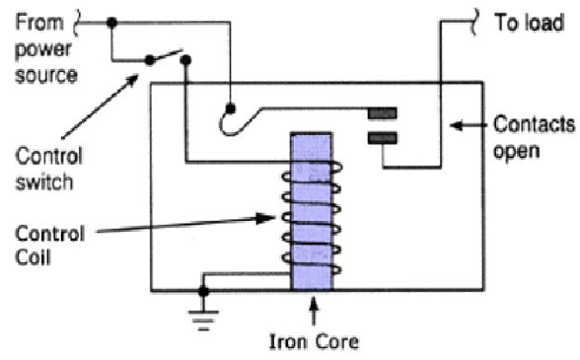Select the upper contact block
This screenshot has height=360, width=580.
point(383,114)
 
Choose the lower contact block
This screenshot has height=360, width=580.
point(383,138)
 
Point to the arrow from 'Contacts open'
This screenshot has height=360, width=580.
point(469,125)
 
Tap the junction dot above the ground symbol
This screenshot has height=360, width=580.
point(204,291)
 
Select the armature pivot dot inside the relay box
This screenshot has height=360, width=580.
point(230,106)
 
